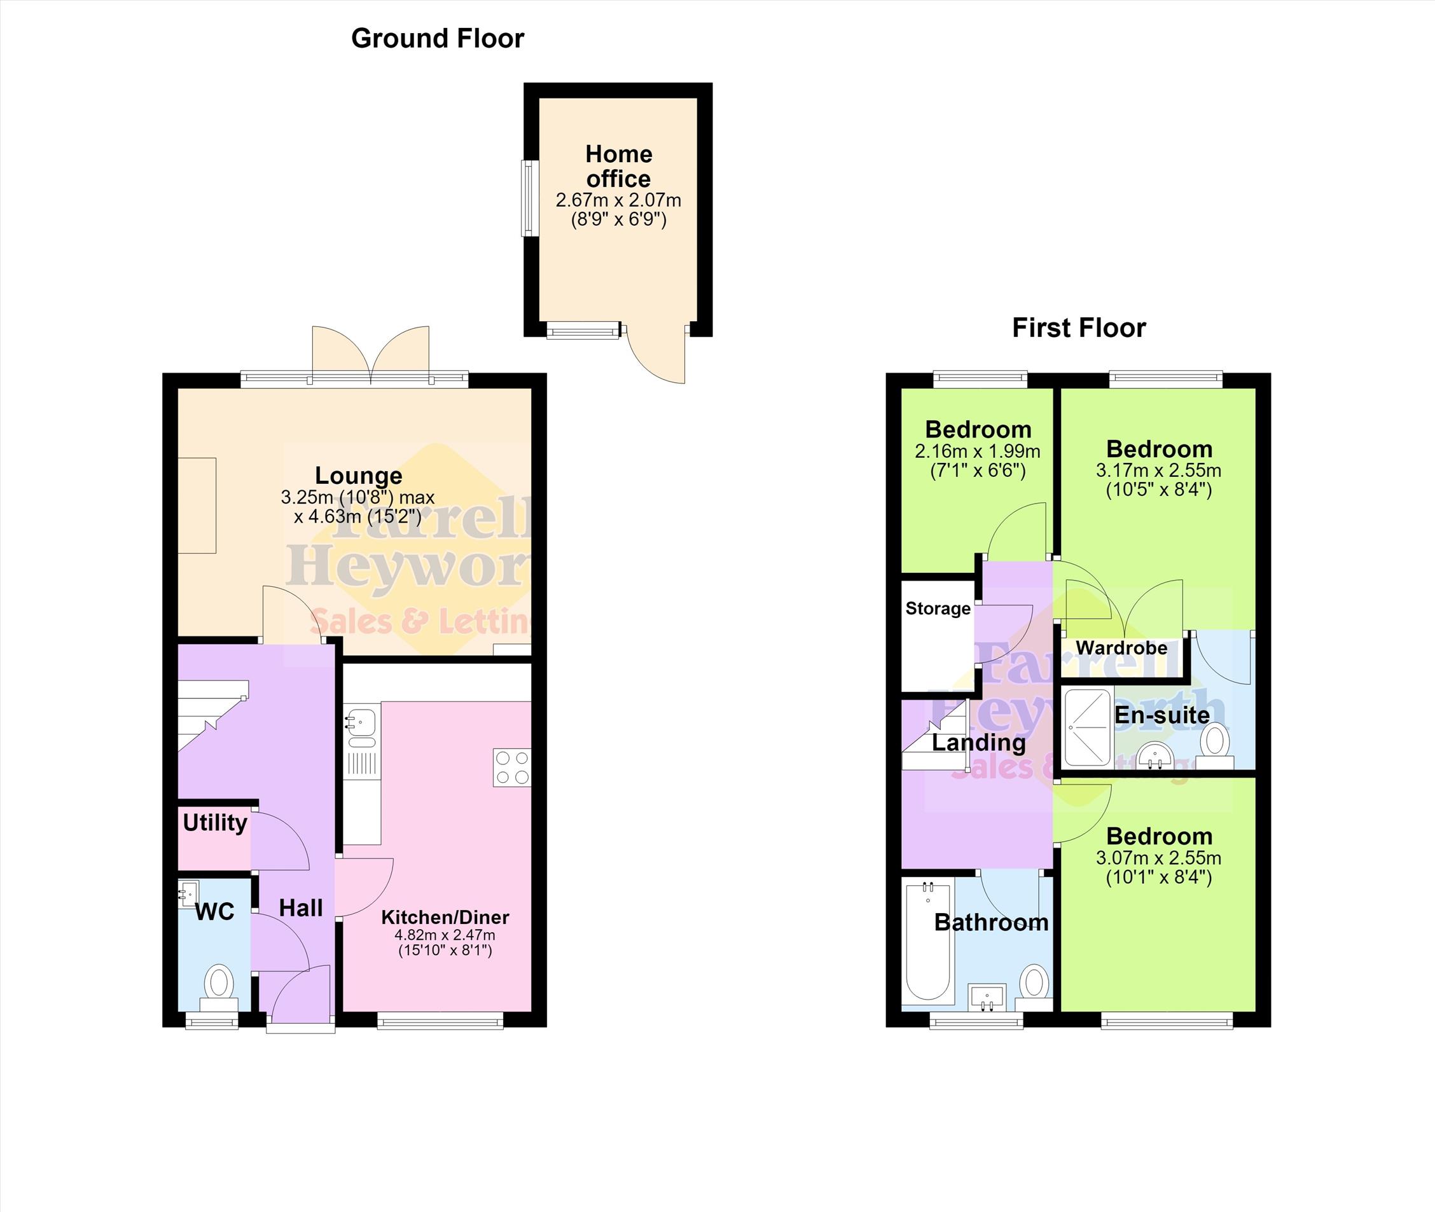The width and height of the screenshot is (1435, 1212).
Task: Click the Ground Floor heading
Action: [x=438, y=39]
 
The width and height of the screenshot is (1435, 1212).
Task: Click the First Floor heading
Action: [x=1079, y=327]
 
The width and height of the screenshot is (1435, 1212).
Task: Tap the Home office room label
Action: [x=618, y=166]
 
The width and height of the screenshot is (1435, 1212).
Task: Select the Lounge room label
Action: [x=359, y=476]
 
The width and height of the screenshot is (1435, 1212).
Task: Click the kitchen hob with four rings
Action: [x=512, y=768]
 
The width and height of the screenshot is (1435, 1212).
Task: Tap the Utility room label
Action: [x=215, y=822]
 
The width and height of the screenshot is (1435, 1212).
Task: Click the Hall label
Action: [x=301, y=908]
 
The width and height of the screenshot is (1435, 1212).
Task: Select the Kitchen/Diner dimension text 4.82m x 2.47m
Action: [x=445, y=935]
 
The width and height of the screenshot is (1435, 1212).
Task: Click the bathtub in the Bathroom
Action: [x=928, y=941]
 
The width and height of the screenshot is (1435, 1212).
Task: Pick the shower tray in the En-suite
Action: [x=1087, y=727]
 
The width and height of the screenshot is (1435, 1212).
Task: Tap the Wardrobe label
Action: [x=1121, y=648]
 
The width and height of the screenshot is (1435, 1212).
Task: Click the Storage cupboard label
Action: [x=938, y=609]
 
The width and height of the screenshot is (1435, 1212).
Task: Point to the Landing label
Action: [x=979, y=743]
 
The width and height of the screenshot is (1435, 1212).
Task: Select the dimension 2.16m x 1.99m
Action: [x=978, y=451]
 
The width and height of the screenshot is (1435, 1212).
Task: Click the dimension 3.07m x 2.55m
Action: [x=1159, y=858]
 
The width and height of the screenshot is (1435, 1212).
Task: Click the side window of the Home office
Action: [x=529, y=198]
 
